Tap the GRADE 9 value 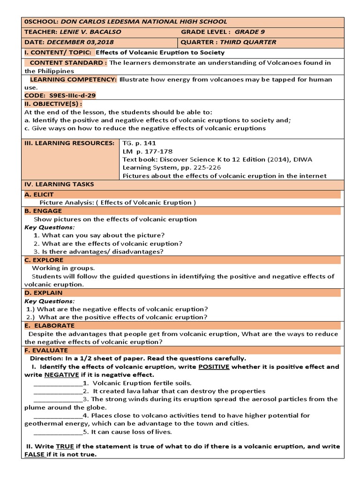pyautogui.click(x=249, y=32)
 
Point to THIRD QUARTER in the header pyautogui.click(x=248, y=42)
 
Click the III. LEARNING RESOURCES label pyautogui.click(x=69, y=143)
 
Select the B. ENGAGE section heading pyautogui.click(x=43, y=211)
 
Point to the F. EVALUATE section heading pyautogui.click(x=46, y=350)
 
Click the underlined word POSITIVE pyautogui.click(x=214, y=367)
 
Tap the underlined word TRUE pyautogui.click(x=65, y=447)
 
